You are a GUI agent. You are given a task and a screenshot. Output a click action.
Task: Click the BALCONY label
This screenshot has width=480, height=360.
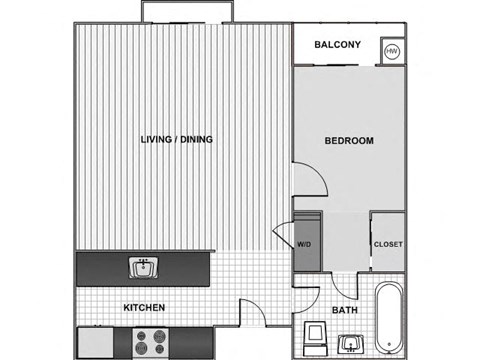[x=337, y=44]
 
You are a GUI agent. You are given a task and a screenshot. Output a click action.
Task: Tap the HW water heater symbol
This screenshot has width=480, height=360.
[x=392, y=50]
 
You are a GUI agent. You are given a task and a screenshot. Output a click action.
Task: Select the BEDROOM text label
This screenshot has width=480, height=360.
[x=349, y=141]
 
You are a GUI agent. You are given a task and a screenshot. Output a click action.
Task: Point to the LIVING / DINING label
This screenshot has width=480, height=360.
[x=177, y=138]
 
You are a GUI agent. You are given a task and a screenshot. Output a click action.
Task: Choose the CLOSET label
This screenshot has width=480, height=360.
[x=388, y=243]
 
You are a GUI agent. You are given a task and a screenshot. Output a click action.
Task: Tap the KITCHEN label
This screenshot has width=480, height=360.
[x=144, y=307]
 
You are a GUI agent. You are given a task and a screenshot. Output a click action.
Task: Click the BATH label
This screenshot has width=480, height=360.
[x=345, y=310]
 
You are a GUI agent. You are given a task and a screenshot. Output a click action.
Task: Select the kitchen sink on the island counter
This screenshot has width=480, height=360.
[x=143, y=267]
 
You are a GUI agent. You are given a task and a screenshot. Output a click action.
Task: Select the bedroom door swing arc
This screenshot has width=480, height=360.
[x=311, y=178]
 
